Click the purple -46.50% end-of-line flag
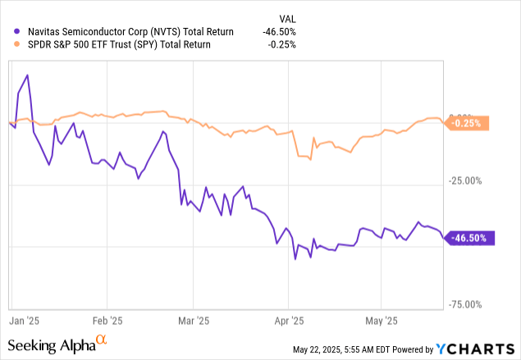coord(470,238)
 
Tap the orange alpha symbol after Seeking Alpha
coord(102,339)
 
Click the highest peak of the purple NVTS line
coord(28,75)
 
